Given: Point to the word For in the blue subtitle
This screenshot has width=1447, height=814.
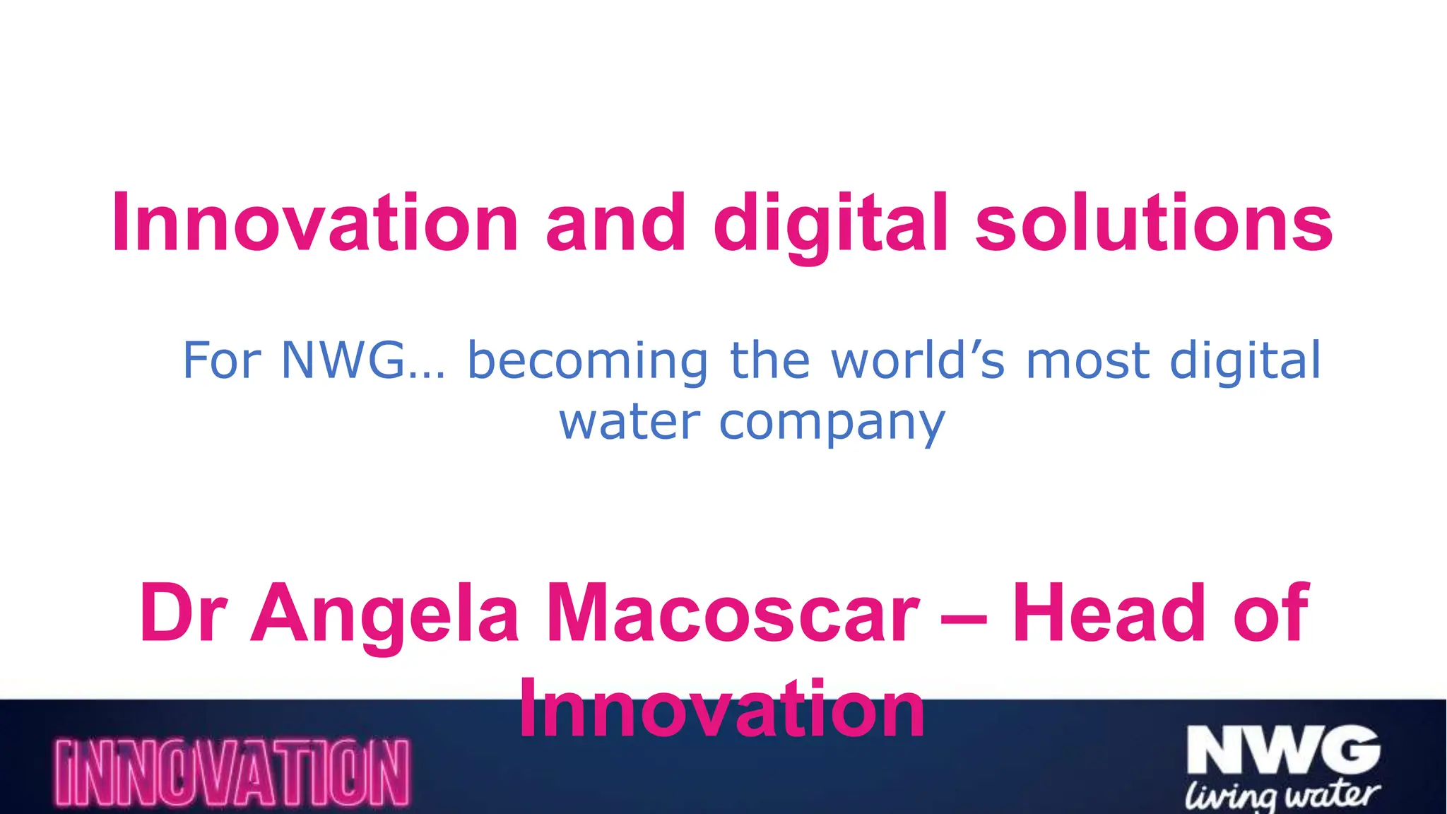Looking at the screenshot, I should click(223, 361).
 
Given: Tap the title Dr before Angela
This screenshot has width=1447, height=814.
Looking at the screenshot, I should click(183, 613).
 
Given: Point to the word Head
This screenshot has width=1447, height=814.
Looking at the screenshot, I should click(1109, 613).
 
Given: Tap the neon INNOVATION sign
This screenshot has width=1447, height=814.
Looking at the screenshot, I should click(232, 773).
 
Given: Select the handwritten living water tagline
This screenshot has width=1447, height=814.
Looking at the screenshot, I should click(1282, 796).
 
